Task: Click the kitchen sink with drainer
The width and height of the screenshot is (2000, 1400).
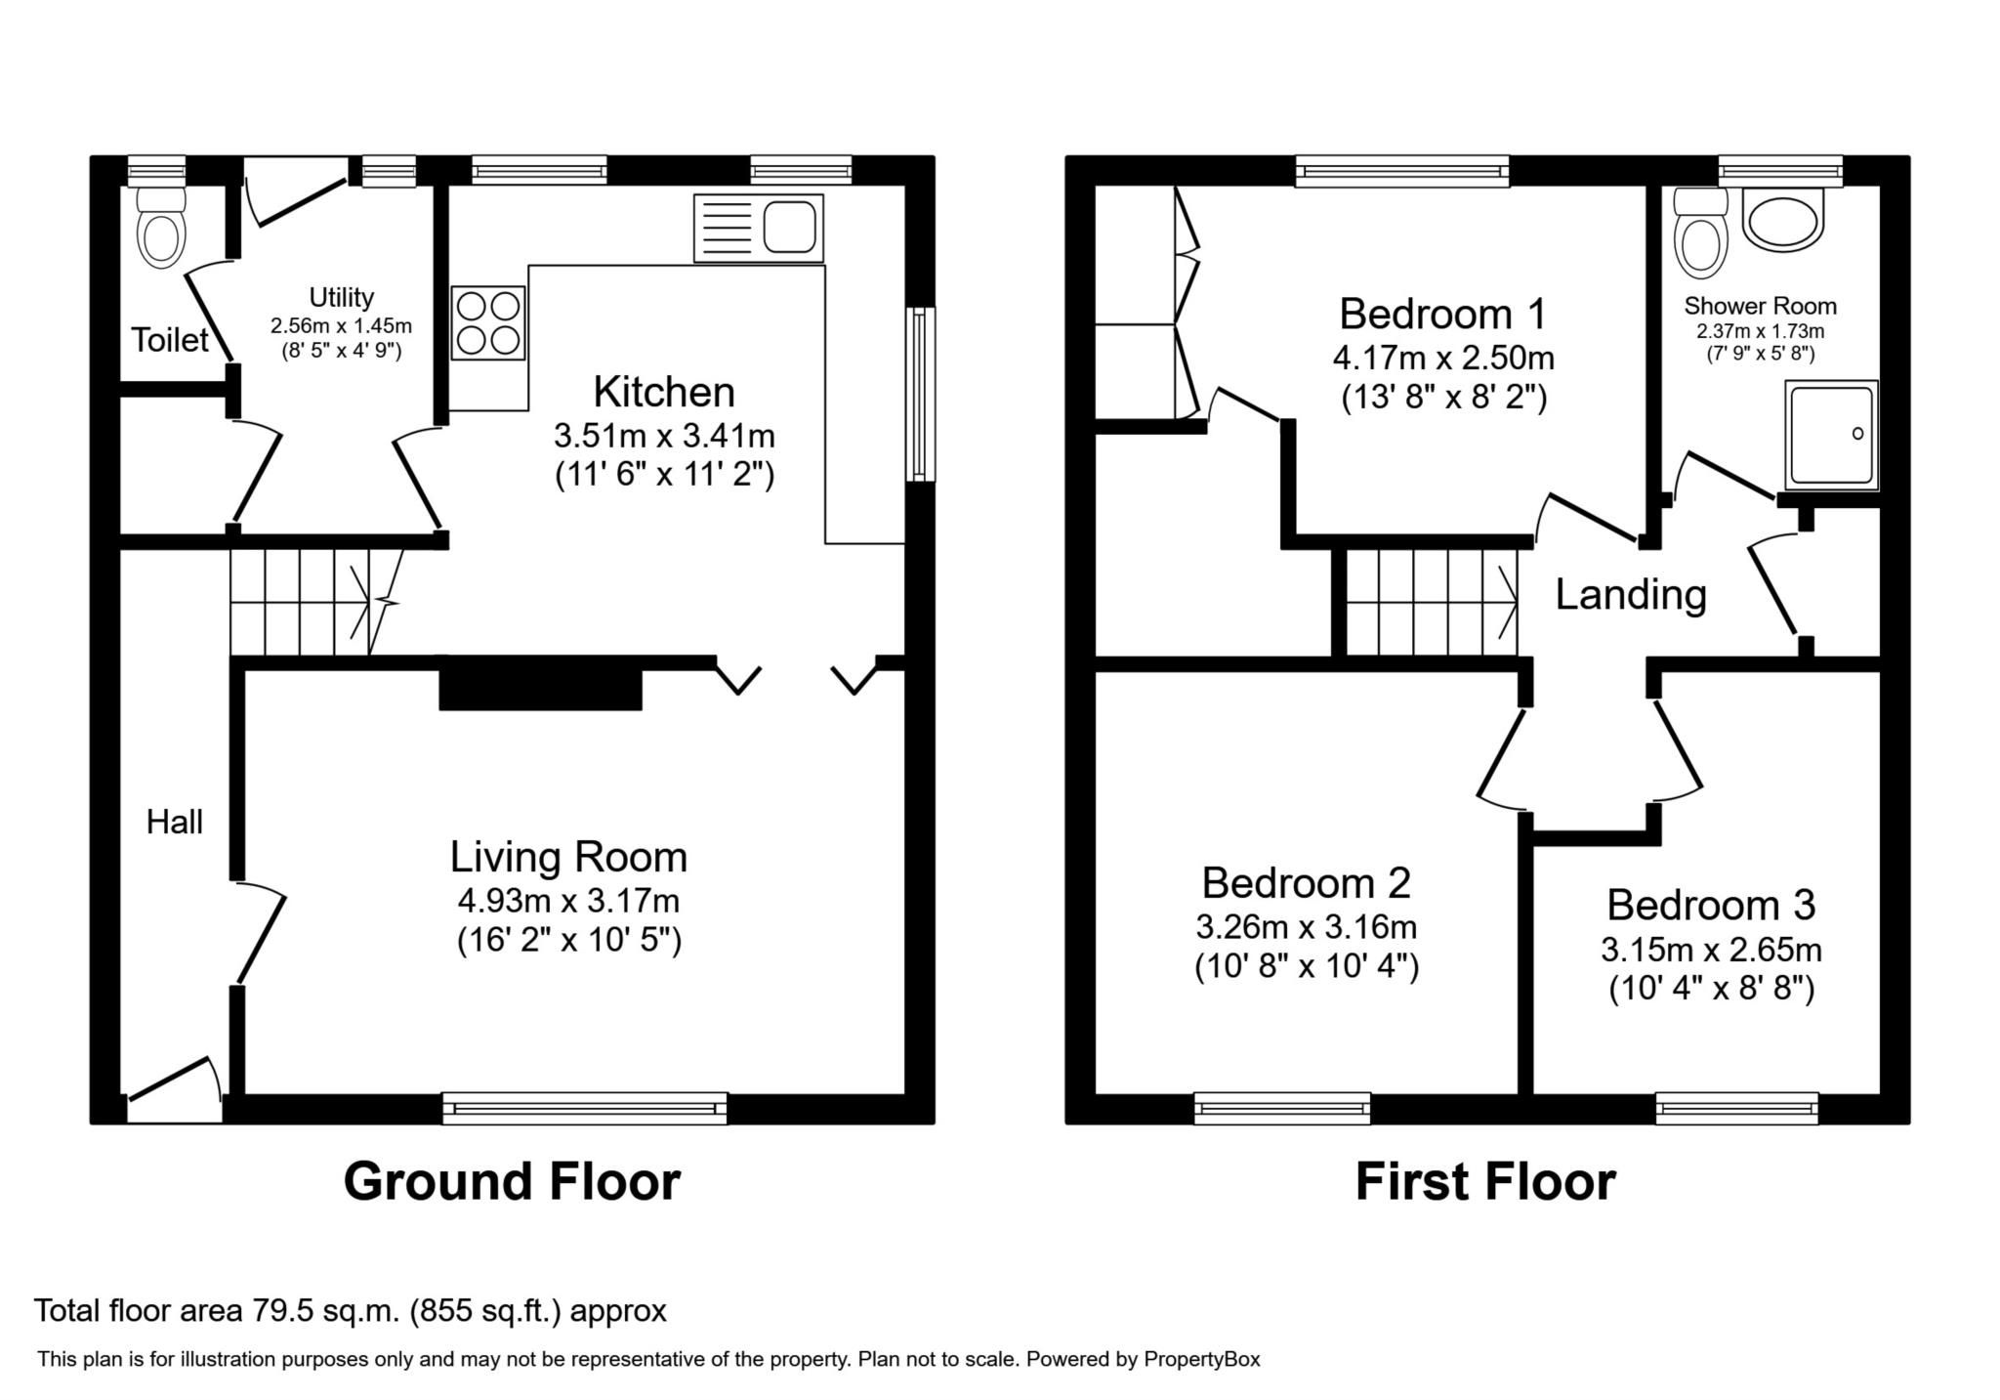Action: (x=758, y=228)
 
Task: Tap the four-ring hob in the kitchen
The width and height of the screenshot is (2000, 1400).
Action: (x=488, y=323)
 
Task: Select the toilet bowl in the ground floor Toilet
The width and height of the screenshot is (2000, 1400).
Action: (x=162, y=236)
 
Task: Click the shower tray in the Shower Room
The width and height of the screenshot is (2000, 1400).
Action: (x=1831, y=435)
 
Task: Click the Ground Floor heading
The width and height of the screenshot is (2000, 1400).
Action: (x=511, y=1181)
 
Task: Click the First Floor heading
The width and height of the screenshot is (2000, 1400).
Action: (x=1484, y=1181)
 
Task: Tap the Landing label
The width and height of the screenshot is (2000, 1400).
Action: (x=1630, y=594)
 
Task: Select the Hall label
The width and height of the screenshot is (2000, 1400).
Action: (x=175, y=822)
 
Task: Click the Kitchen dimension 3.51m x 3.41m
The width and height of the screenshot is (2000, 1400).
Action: (x=664, y=434)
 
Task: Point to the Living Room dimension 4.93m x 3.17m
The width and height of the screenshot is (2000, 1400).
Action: (x=568, y=899)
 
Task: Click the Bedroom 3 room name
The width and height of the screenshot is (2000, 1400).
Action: (x=1710, y=905)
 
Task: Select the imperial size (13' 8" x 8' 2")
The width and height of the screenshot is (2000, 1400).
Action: (x=1443, y=398)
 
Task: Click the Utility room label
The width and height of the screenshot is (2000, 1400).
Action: (x=341, y=297)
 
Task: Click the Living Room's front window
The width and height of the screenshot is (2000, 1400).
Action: (x=584, y=1108)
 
